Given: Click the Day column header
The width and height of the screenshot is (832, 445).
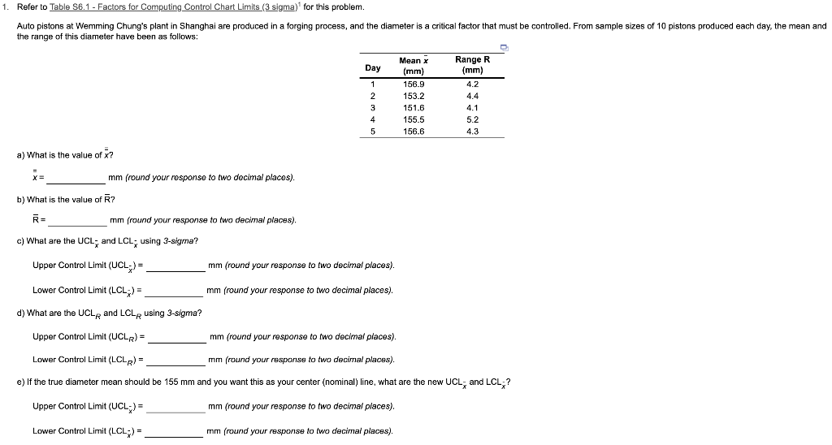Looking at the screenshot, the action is (373, 67).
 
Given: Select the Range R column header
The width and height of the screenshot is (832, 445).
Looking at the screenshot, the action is (472, 65).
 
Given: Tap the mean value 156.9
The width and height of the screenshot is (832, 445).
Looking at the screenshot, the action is (414, 84).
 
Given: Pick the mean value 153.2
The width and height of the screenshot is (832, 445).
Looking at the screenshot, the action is (414, 96).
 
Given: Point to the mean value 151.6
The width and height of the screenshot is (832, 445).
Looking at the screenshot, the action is (414, 107).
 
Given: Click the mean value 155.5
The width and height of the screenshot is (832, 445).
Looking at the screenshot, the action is (414, 119).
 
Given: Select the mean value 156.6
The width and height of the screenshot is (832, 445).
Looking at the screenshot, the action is (414, 132).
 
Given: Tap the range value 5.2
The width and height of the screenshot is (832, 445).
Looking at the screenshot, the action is (473, 119).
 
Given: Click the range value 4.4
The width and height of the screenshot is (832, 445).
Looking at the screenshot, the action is (473, 96).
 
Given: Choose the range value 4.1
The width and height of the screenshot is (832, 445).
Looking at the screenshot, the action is (473, 107).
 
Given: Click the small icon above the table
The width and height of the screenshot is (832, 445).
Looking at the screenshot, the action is (505, 48).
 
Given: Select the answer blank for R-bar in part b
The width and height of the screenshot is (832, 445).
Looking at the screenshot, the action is (77, 220).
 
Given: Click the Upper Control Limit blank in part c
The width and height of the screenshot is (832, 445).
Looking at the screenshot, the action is (175, 266).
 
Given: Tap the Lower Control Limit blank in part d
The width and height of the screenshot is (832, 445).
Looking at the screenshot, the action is (175, 360).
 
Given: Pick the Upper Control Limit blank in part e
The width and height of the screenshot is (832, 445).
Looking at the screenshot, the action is (175, 407).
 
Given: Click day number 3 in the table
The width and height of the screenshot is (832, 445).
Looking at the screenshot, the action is (372, 107).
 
